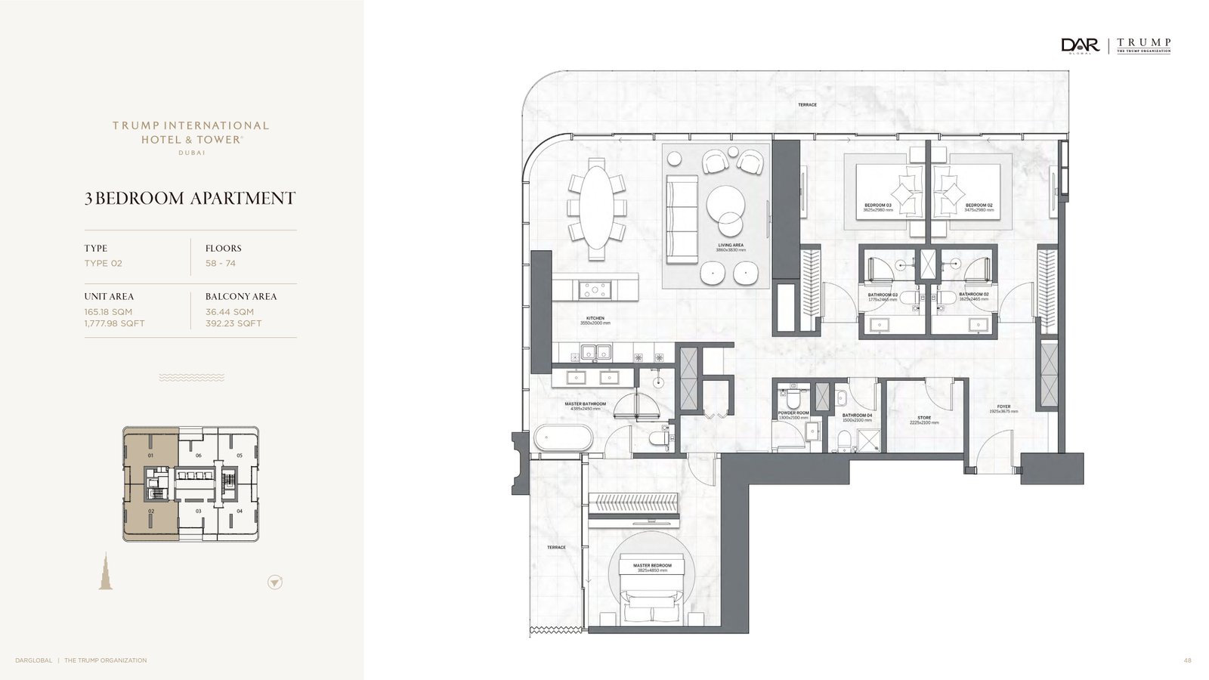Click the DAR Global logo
(x=1080, y=45)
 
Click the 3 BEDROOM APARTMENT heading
(x=190, y=198)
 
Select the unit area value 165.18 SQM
(x=108, y=311)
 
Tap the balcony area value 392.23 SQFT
(x=233, y=323)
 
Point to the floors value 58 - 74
(x=221, y=263)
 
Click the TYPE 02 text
(x=103, y=263)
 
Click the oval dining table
(x=596, y=208)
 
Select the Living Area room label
(x=731, y=246)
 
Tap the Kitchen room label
(x=595, y=319)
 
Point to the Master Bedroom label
(x=652, y=566)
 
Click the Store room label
(x=924, y=418)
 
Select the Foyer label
(x=1003, y=407)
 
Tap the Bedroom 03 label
(x=878, y=206)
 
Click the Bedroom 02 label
(x=979, y=206)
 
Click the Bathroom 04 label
(x=857, y=416)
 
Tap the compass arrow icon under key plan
(x=275, y=583)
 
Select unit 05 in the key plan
(x=240, y=456)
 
